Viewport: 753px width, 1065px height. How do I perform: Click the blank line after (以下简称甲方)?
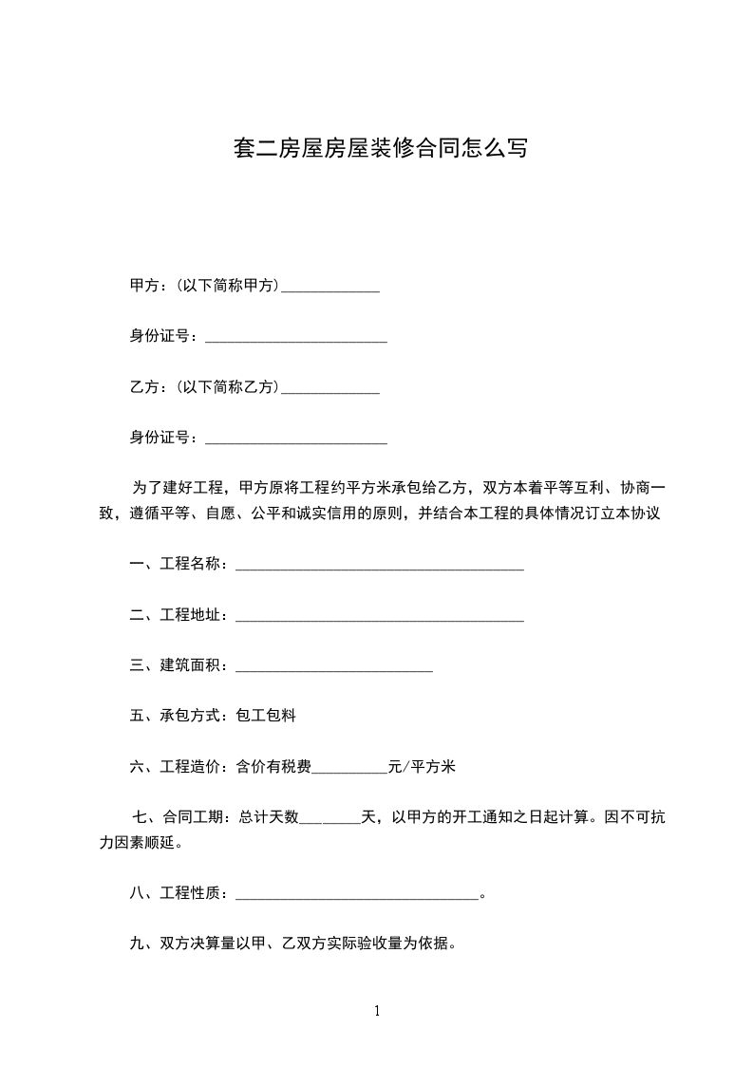pos(331,286)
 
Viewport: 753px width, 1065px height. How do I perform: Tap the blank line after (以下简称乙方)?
pos(331,388)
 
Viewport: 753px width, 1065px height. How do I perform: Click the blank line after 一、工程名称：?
pos(379,566)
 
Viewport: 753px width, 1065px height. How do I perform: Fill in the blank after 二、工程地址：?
pos(379,617)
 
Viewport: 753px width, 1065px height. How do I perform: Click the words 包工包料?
pos(266,716)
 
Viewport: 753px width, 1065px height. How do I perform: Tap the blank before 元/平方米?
pos(350,768)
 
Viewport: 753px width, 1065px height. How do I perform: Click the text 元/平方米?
pos(423,767)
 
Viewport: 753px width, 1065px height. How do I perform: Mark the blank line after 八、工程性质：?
pos(357,894)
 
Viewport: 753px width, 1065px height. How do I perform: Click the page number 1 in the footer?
pos(377,1012)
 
